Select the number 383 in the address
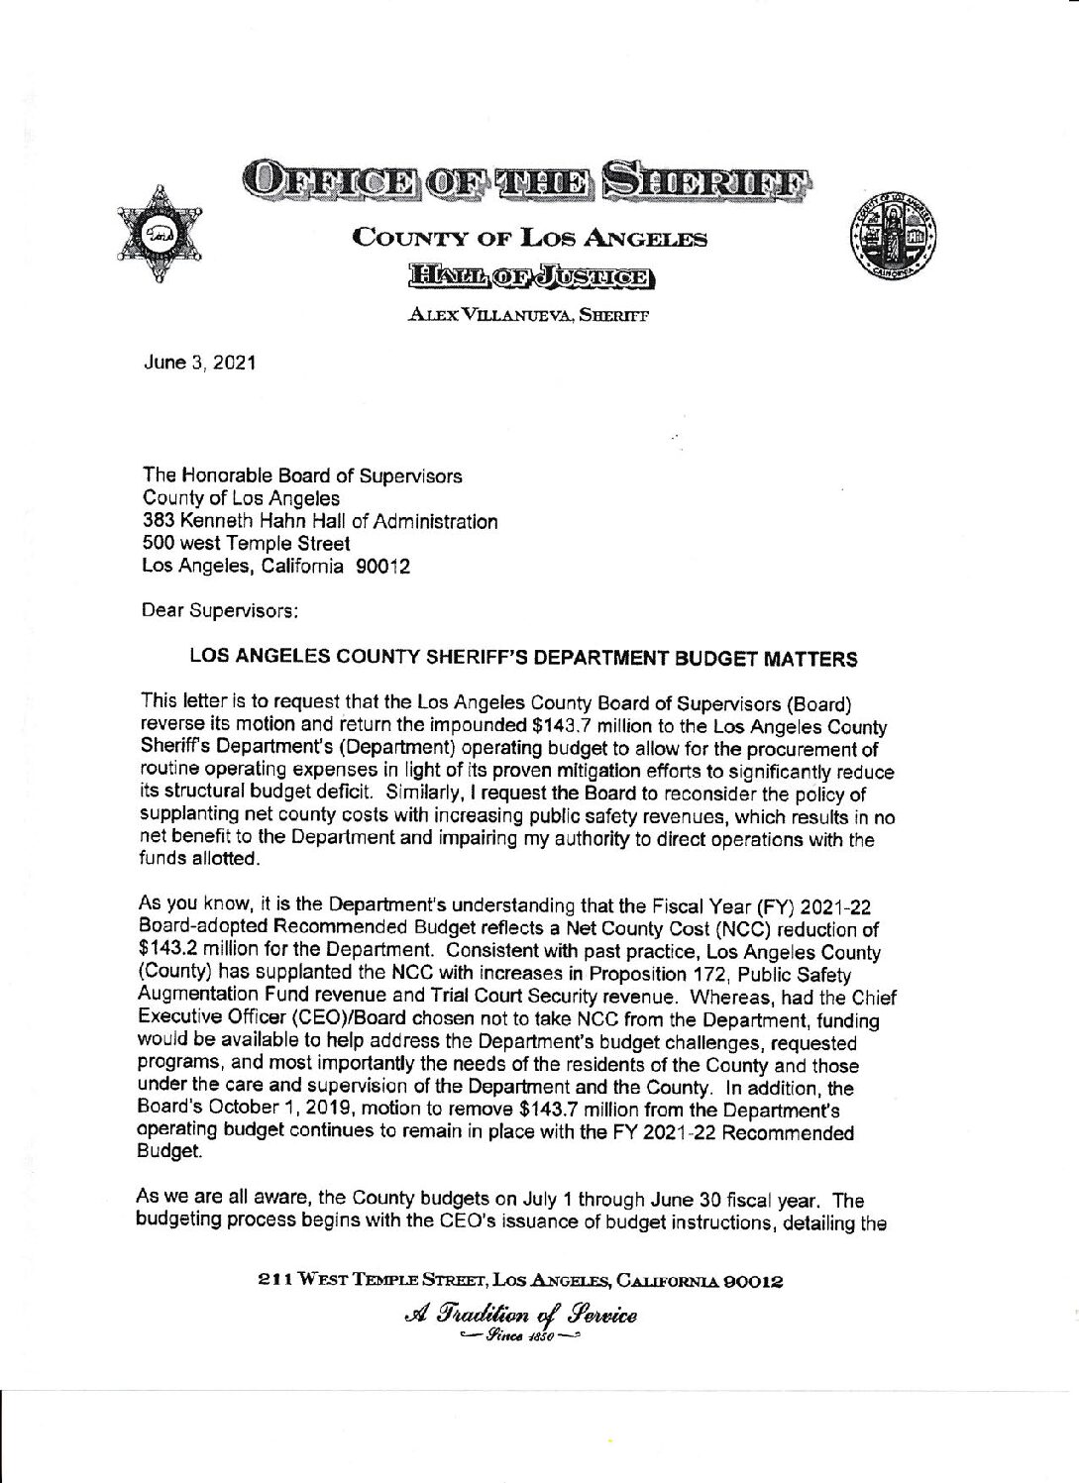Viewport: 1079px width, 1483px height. click(x=159, y=521)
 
